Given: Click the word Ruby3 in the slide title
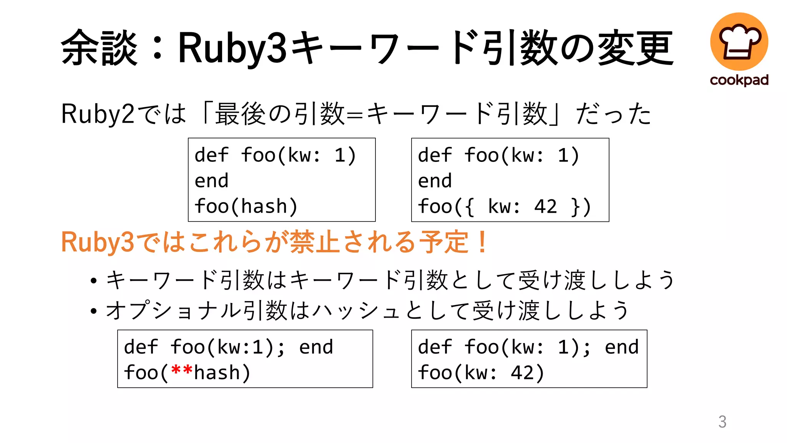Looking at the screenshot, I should click(x=232, y=48).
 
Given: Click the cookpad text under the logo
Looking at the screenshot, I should click(x=739, y=80).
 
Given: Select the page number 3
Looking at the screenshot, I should click(x=722, y=421).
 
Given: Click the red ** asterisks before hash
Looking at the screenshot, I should click(x=181, y=371).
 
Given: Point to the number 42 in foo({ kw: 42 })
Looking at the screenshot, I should click(x=545, y=207).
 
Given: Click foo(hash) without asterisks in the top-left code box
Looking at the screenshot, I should click(x=246, y=207).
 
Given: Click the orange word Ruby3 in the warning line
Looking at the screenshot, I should click(x=98, y=242).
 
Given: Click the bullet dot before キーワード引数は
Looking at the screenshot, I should click(x=93, y=281).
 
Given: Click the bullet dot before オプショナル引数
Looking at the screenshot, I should click(x=93, y=311).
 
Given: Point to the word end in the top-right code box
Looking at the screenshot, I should click(x=435, y=181).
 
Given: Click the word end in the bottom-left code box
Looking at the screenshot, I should click(x=316, y=347).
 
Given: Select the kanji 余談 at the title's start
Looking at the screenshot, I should click(x=99, y=48).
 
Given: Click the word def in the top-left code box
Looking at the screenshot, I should click(x=211, y=155).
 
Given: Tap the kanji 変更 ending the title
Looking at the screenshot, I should click(x=636, y=48).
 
